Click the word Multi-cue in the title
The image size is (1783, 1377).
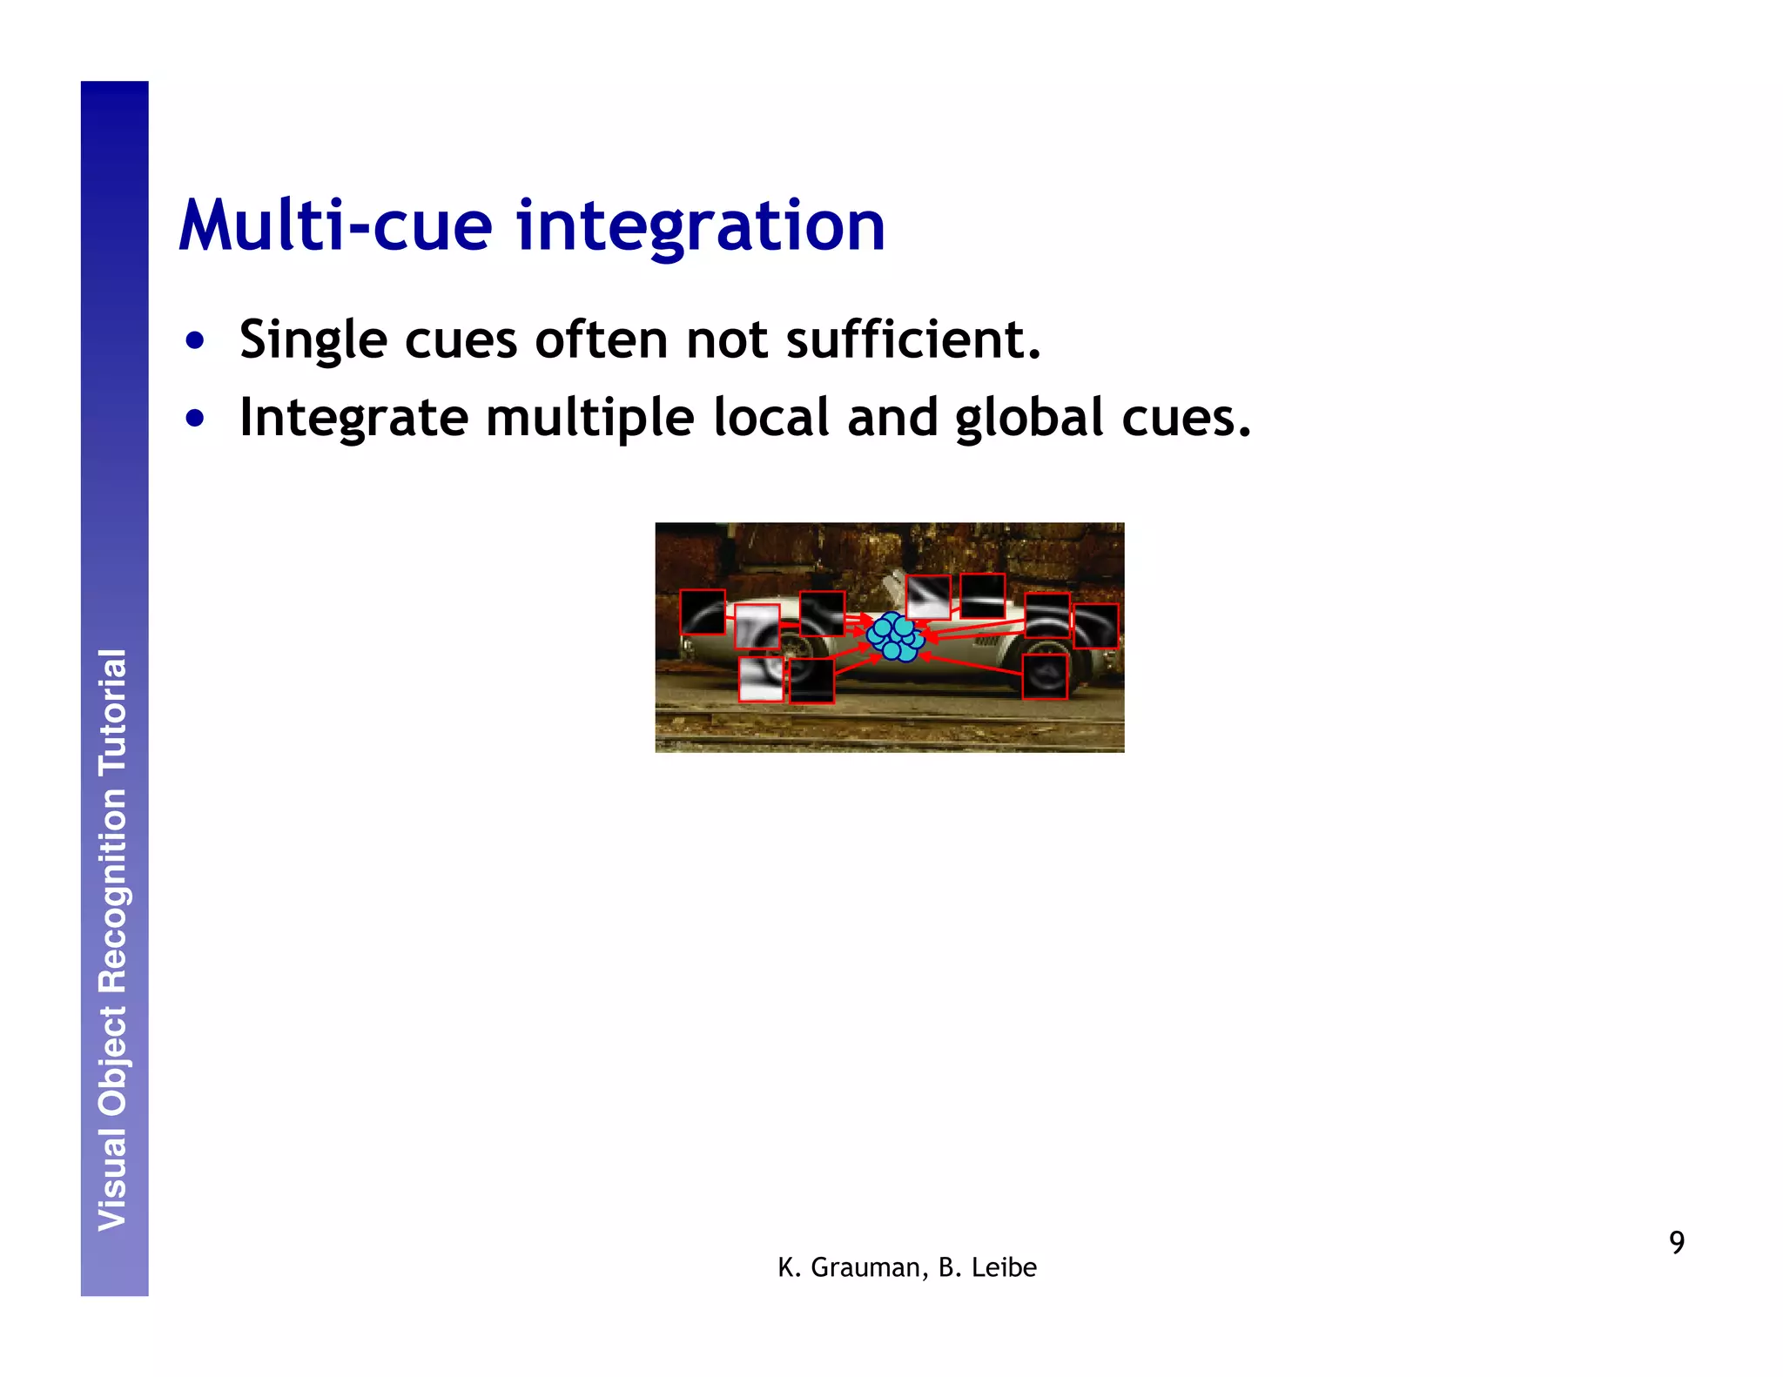pos(336,226)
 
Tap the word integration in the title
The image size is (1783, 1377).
pos(701,228)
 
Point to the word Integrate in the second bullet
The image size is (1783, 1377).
pos(353,420)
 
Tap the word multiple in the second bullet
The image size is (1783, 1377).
pos(589,420)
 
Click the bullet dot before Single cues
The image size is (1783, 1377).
pos(195,340)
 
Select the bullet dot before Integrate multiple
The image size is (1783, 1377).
pos(195,419)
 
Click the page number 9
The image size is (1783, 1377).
pos(1676,1242)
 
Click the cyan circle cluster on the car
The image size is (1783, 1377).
pos(895,637)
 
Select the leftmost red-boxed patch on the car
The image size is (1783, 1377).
pos(702,612)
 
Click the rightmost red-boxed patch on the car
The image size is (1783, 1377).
pos(1095,626)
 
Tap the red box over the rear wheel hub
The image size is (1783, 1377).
pos(1044,676)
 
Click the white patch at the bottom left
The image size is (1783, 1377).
pos(761,679)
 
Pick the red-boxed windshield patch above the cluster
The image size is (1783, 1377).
pos(928,597)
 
